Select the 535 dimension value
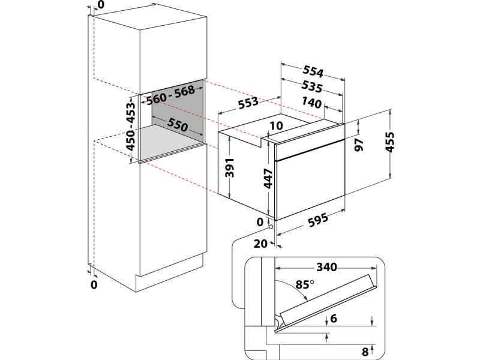[311, 86]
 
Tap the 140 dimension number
[311, 103]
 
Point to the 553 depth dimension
[248, 103]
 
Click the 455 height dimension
[389, 142]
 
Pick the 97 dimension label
[358, 145]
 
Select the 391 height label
[229, 168]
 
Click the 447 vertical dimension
[268, 178]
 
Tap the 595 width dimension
[318, 219]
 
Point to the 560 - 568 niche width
[170, 94]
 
